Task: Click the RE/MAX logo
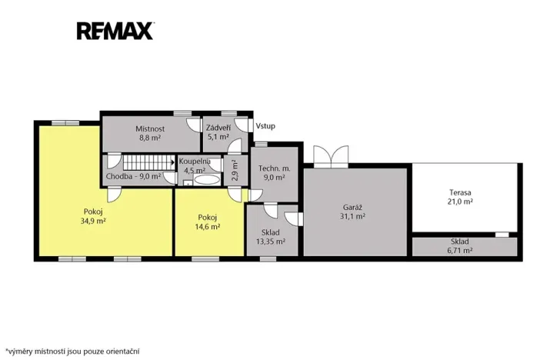point(115,31)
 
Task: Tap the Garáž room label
point(352,208)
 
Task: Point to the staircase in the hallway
point(148,162)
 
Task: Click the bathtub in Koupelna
point(206,179)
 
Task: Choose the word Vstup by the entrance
point(265,126)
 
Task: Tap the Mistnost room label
point(150,128)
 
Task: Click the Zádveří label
point(218,128)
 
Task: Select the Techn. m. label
point(275,168)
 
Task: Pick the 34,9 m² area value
point(93,221)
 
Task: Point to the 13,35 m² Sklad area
point(271,241)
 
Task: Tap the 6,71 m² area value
point(460,251)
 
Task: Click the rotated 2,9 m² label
point(235,170)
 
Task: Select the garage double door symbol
point(331,157)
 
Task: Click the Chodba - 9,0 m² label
point(134,176)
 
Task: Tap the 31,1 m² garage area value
point(352,216)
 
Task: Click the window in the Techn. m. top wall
point(262,144)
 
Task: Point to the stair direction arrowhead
point(173,162)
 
